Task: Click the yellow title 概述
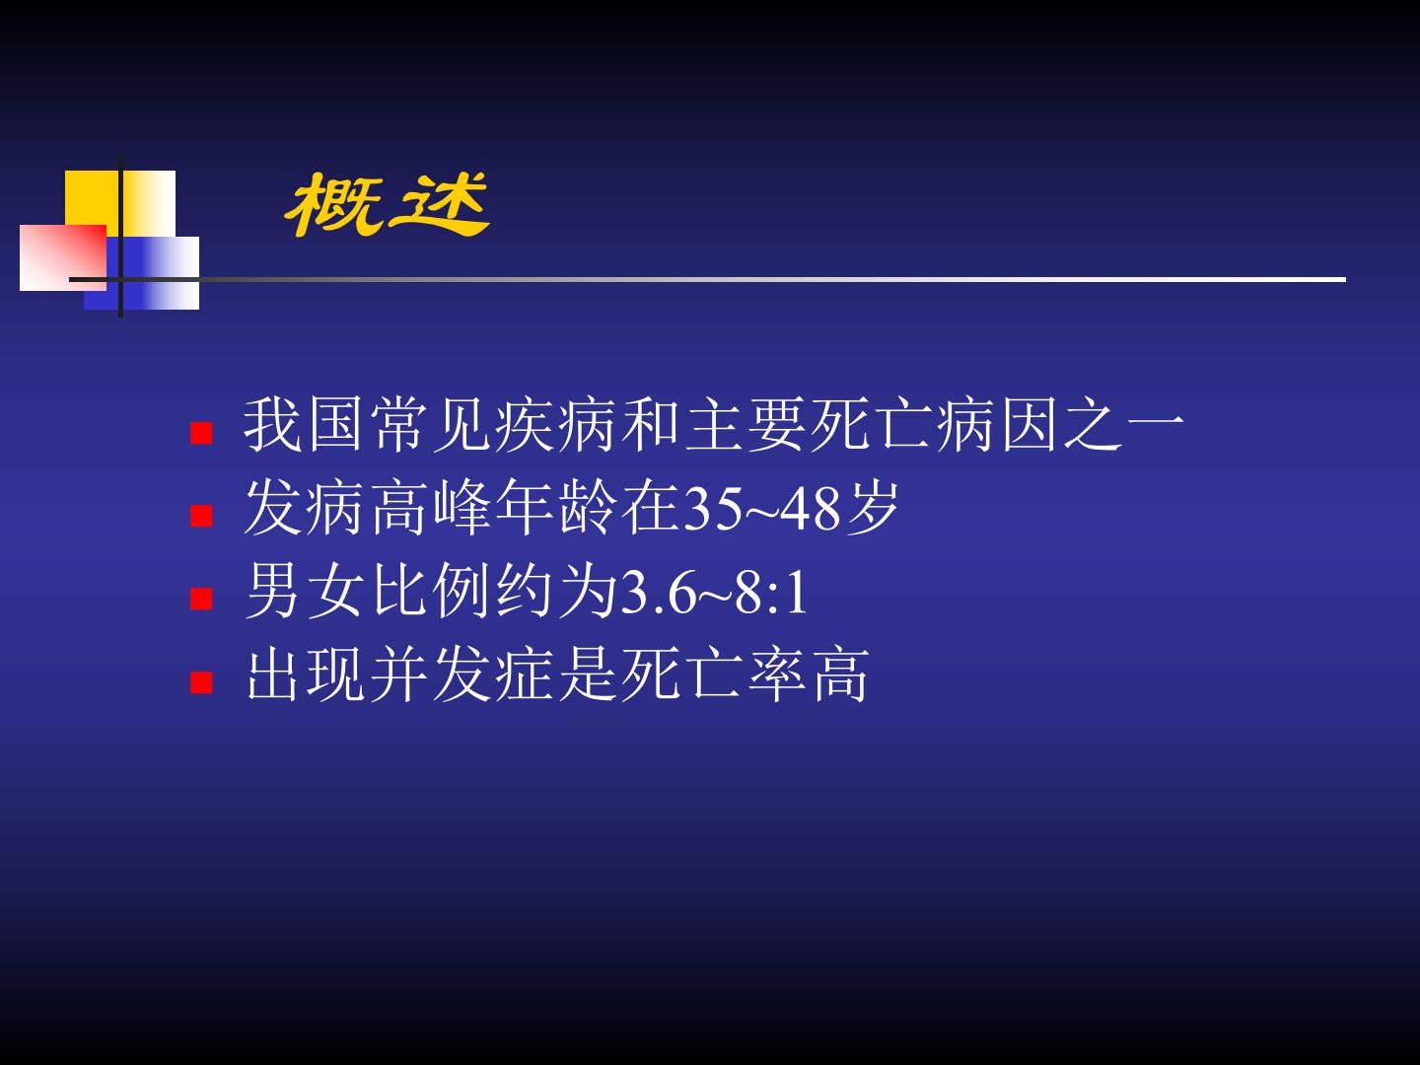click(387, 205)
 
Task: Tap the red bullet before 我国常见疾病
click(202, 433)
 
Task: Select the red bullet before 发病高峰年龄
click(202, 516)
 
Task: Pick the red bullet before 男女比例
click(202, 599)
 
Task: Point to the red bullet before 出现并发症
click(202, 681)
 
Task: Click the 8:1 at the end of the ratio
click(772, 593)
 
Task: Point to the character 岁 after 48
click(873, 508)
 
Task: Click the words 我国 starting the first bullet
click(303, 425)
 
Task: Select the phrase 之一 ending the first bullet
click(1124, 425)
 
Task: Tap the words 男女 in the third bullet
click(305, 591)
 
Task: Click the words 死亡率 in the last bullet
click(712, 674)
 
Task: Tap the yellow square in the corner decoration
click(120, 204)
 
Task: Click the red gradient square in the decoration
click(63, 258)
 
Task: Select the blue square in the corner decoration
click(142, 273)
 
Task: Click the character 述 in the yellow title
click(440, 205)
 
